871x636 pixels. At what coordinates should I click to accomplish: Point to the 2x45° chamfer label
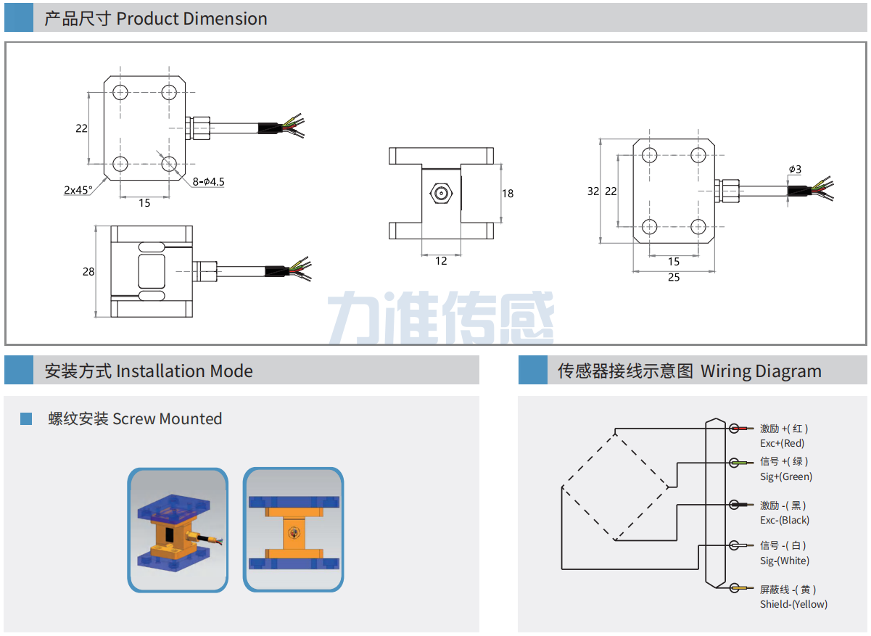point(78,190)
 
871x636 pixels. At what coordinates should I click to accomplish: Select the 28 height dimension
point(88,272)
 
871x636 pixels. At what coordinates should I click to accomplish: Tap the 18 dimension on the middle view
point(508,194)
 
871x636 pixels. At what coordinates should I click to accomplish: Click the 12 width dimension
point(441,261)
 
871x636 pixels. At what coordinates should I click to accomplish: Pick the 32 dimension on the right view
point(593,191)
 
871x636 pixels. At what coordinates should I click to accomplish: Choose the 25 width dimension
point(674,278)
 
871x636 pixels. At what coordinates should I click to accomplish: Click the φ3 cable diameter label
point(796,170)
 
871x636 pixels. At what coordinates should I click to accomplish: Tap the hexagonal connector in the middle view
point(440,194)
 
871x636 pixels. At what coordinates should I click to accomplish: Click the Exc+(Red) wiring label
point(782,443)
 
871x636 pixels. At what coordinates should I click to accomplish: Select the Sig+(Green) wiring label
point(785,476)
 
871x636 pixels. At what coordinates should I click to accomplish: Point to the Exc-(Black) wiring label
point(784,520)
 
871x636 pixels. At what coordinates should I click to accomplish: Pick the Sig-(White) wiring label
point(784,561)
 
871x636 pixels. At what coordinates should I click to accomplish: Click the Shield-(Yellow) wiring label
point(793,604)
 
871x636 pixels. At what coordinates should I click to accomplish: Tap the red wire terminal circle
point(735,429)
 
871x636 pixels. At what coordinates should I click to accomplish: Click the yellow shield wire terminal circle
point(735,588)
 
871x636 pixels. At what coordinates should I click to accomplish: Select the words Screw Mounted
point(167,418)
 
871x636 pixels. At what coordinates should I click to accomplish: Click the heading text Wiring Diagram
point(761,371)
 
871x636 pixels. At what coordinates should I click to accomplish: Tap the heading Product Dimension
point(191,19)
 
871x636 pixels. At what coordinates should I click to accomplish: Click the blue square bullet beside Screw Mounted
point(26,418)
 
